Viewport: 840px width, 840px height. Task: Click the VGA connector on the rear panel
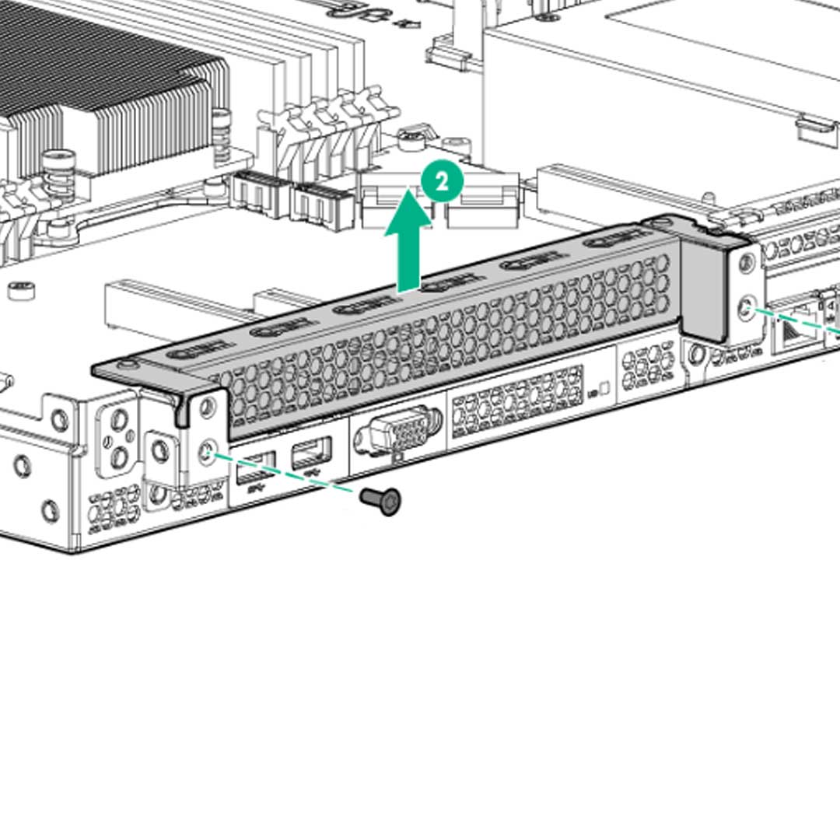pos(397,429)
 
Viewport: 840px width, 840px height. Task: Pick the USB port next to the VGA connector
pos(311,453)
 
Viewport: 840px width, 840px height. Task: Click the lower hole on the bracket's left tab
pos(206,450)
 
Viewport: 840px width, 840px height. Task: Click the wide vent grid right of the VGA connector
pos(517,401)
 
